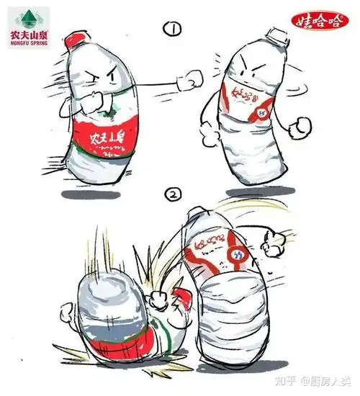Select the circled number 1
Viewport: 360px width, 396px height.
click(172, 30)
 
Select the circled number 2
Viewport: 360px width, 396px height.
click(172, 194)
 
